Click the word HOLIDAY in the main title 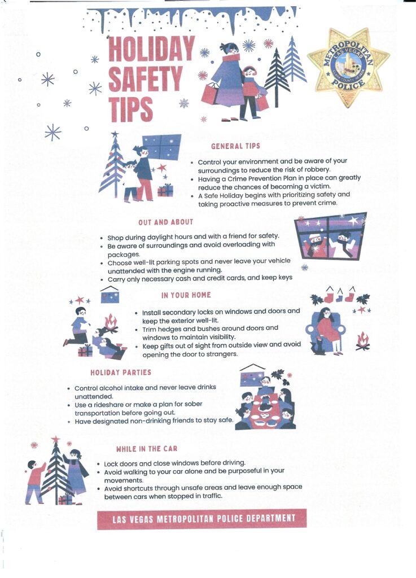151,49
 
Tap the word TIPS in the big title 131,109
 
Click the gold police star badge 348,67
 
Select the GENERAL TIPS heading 235,146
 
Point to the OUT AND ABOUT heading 166,222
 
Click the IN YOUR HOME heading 186,295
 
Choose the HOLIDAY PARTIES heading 121,373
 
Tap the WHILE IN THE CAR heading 147,449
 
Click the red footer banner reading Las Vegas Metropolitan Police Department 202,519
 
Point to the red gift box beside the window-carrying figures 165,190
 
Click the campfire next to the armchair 362,341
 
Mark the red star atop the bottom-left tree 56,439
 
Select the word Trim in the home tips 149,329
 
